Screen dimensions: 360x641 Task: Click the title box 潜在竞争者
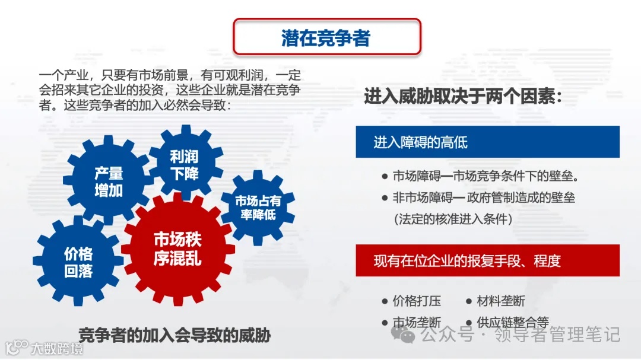pyautogui.click(x=326, y=37)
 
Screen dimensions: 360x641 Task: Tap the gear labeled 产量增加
pyautogui.click(x=108, y=181)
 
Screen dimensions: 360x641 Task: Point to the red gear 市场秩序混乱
pyautogui.click(x=177, y=249)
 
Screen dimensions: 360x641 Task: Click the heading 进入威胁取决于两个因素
pyautogui.click(x=462, y=97)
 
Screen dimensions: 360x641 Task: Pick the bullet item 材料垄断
pyautogui.click(x=500, y=301)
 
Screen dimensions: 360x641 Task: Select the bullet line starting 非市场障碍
pyautogui.click(x=483, y=197)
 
